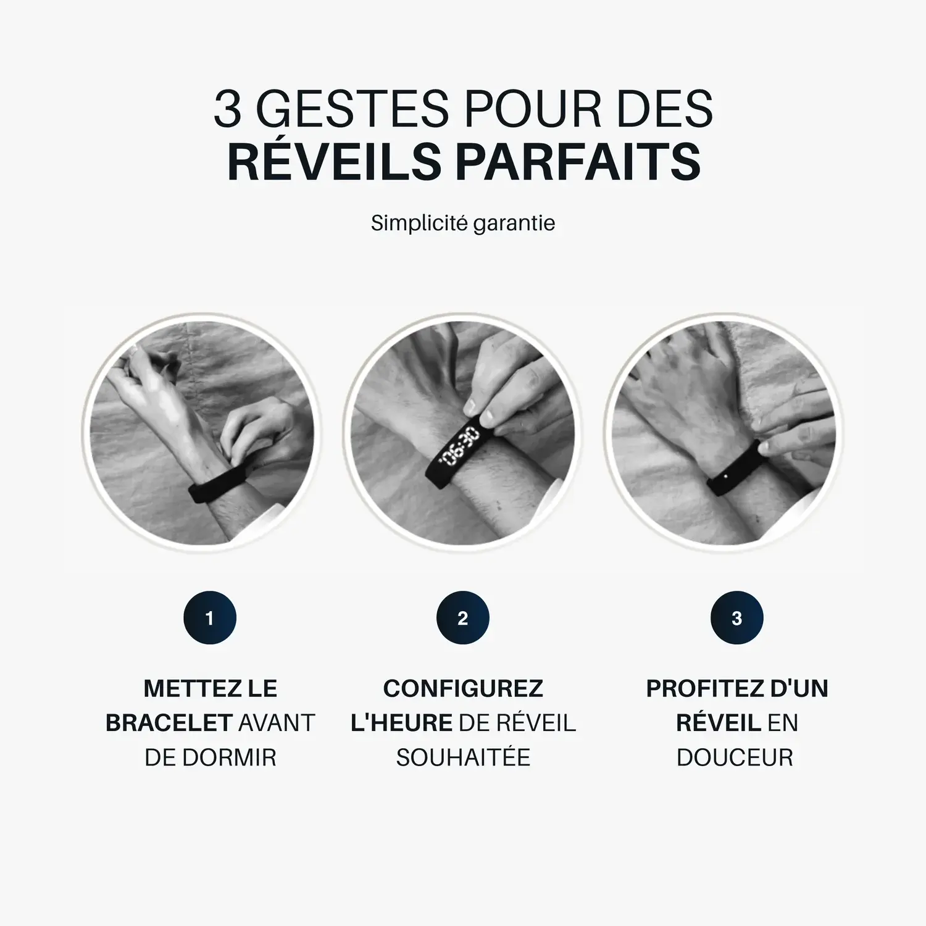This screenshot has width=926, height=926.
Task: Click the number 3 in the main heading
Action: pos(227,109)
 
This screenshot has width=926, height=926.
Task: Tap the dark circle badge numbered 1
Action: pos(210,618)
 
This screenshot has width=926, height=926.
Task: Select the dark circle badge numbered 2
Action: pos(463,618)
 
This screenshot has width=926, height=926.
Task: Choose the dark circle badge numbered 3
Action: pos(736,618)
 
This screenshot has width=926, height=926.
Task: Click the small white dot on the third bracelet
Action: pos(725,475)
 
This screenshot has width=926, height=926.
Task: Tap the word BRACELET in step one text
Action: pos(169,723)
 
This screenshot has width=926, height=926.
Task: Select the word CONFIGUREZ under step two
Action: pos(463,688)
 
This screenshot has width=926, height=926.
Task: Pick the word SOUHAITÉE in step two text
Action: pos(463,757)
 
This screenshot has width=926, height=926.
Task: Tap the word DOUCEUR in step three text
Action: pos(735,757)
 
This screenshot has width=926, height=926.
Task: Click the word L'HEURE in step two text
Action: pos(401,723)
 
